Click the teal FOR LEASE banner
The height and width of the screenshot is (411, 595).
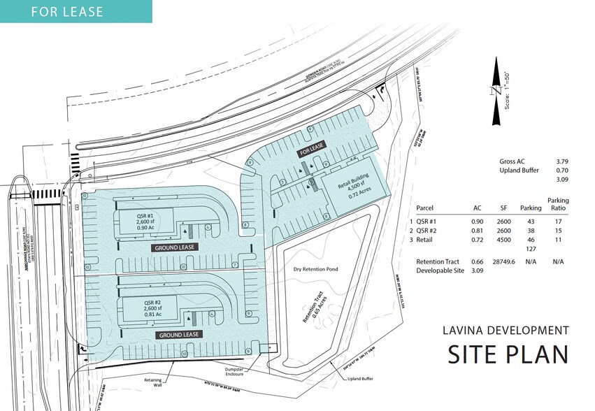(x=76, y=12)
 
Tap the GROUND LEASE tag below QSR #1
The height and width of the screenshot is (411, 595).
(x=173, y=247)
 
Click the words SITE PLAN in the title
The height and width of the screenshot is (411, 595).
(x=507, y=354)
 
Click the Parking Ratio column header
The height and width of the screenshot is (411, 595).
(x=558, y=204)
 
